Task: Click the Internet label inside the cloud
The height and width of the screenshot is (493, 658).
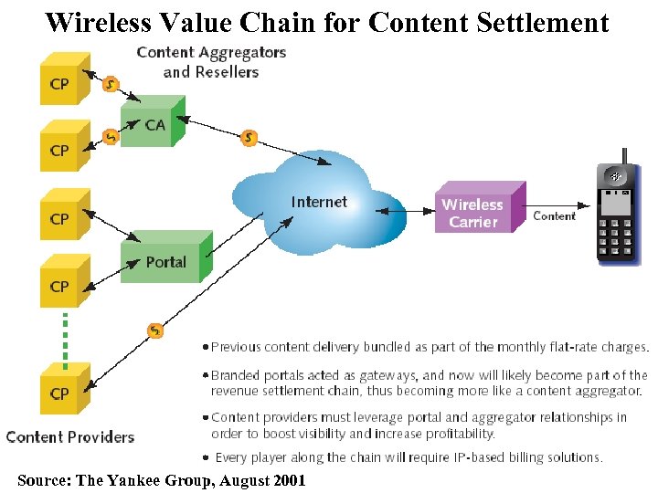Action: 319,202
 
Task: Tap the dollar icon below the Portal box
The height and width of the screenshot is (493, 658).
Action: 156,330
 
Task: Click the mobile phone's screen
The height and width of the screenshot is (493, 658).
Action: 619,207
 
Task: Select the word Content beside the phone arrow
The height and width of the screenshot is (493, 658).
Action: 554,216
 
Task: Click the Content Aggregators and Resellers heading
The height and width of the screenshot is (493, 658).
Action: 211,62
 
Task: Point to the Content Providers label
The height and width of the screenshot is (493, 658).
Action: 70,436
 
